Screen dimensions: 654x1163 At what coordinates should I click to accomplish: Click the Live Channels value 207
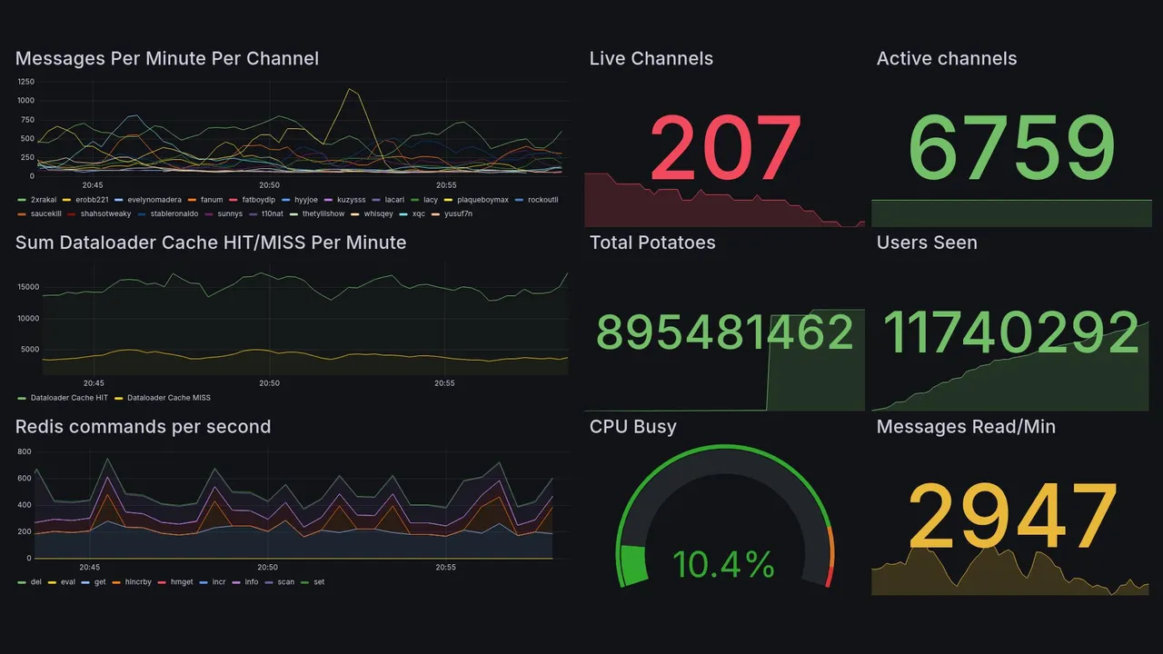click(726, 147)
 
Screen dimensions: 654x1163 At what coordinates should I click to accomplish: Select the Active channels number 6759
click(1011, 147)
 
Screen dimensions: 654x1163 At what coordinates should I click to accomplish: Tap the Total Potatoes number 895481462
click(725, 332)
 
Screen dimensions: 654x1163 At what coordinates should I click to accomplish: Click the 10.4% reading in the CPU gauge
click(723, 565)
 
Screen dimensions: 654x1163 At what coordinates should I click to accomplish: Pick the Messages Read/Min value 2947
click(1011, 516)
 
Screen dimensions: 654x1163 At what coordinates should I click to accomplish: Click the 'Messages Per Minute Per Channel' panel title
click(167, 59)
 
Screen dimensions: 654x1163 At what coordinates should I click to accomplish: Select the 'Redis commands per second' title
click(144, 427)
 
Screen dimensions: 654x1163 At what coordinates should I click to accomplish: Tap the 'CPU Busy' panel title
click(633, 427)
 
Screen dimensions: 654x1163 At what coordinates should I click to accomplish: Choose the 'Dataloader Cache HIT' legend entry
click(69, 398)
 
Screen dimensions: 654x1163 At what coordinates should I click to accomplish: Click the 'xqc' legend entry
click(418, 213)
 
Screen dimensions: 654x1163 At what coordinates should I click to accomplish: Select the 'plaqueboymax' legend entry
click(482, 200)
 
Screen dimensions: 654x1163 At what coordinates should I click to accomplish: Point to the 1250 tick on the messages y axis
click(25, 81)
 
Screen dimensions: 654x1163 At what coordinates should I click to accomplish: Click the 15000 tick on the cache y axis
click(28, 287)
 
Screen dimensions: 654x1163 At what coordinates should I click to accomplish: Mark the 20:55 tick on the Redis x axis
click(444, 567)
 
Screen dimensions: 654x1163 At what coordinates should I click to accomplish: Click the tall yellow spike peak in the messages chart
click(348, 89)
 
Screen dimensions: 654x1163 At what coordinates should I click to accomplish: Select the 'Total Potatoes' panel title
click(652, 243)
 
